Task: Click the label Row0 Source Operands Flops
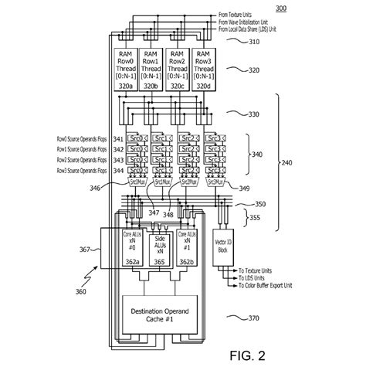pyautogui.click(x=73, y=138)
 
